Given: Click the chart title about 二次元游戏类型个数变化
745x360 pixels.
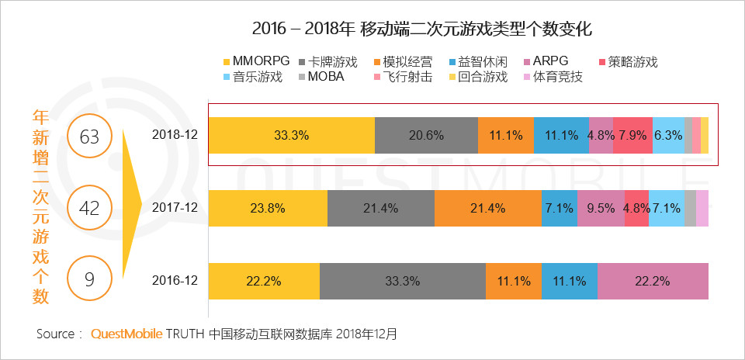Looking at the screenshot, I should coord(422,29).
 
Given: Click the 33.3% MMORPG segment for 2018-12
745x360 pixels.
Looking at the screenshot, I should coord(292,134).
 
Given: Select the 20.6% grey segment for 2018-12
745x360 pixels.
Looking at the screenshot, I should coord(426,134).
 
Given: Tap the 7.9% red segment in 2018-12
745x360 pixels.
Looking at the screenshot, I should coord(632,134).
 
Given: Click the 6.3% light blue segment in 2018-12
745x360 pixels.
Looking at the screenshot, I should coord(668,134).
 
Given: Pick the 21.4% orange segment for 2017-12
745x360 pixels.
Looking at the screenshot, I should coord(487,208).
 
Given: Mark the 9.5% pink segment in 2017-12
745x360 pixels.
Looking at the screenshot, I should coord(601,208).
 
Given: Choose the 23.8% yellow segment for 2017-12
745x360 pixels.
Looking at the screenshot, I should coord(268,208).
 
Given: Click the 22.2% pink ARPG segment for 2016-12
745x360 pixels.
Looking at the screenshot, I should coord(652,281).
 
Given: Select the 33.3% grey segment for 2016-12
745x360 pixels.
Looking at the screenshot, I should coord(402,281).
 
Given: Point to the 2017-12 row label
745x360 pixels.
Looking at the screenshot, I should coord(176,208).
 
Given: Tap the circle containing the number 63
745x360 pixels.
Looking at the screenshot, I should coord(90,137).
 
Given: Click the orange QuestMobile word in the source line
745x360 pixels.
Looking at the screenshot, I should coord(126,334).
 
